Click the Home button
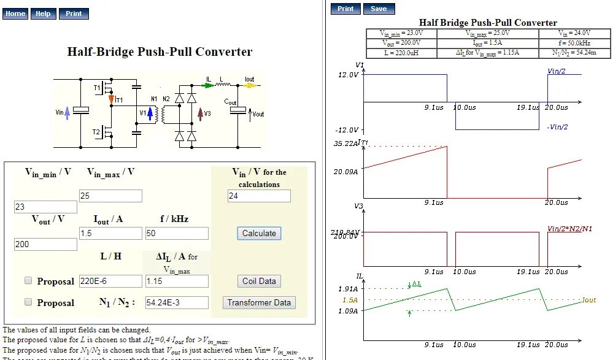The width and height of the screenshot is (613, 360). (15, 13)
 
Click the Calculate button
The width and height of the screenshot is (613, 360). (259, 233)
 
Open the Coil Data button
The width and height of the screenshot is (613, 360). (259, 281)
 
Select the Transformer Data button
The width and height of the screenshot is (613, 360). (259, 302)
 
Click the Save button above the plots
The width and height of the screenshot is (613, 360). (379, 9)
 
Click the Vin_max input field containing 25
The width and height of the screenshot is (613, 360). (110, 196)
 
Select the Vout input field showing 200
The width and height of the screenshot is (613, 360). (45, 244)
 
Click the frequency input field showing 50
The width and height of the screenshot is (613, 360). (177, 233)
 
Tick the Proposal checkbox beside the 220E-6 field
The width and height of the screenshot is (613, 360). (28, 280)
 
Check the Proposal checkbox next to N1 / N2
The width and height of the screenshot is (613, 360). (28, 302)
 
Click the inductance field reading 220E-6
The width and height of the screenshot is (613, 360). (110, 281)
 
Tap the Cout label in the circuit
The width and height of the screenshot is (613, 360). (230, 102)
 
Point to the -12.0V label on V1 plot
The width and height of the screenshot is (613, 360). (346, 130)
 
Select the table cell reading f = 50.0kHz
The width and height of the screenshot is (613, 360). (575, 44)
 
